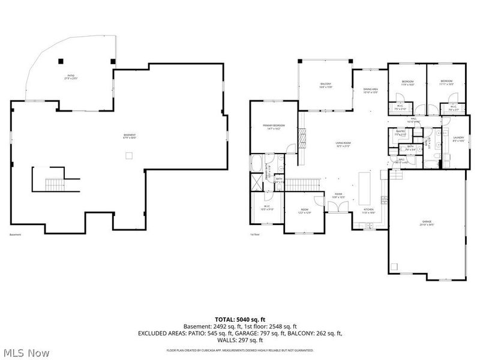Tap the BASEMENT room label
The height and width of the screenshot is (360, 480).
pyautogui.click(x=130, y=136)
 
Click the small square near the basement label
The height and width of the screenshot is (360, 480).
pyautogui.click(x=128, y=156)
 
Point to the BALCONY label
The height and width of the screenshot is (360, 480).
pyautogui.click(x=325, y=85)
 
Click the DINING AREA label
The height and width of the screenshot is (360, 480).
pyautogui.click(x=370, y=91)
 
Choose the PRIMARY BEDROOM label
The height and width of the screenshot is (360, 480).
pyautogui.click(x=274, y=127)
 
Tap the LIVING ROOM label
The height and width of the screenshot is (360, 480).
pyautogui.click(x=343, y=144)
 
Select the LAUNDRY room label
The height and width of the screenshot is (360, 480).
pyautogui.click(x=460, y=139)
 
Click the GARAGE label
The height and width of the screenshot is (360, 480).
pyautogui.click(x=427, y=223)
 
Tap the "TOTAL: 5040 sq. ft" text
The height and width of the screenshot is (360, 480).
pyautogui.click(x=240, y=319)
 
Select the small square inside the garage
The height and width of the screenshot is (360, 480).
pyautogui.click(x=394, y=267)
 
